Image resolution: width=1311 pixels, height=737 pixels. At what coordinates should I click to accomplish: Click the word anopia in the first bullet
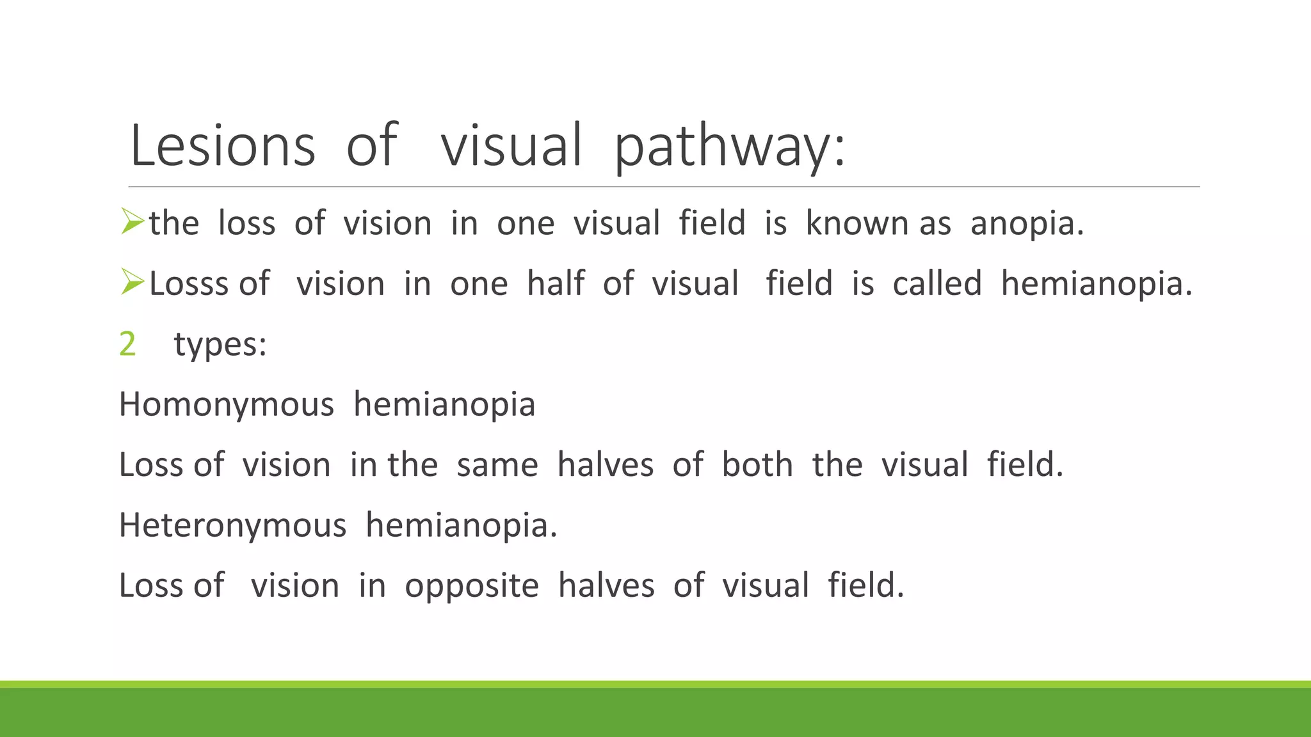pos(1026,224)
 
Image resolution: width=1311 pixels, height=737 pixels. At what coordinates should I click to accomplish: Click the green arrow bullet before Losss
pos(132,282)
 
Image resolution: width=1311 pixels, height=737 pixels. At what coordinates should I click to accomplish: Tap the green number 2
pos(127,344)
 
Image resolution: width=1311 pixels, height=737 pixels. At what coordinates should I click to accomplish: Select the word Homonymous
pos(227,405)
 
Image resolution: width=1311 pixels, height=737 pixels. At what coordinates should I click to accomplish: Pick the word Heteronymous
pos(232,526)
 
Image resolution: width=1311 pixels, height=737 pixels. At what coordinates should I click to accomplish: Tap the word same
pos(497,465)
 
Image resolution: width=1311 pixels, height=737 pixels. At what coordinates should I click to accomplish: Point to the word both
pos(757,465)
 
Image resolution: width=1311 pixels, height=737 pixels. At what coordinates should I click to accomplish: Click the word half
pos(556,283)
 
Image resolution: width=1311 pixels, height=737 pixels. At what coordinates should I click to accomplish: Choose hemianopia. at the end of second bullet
pos(1097,285)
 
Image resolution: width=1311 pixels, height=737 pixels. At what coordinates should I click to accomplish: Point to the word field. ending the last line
pos(865,586)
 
